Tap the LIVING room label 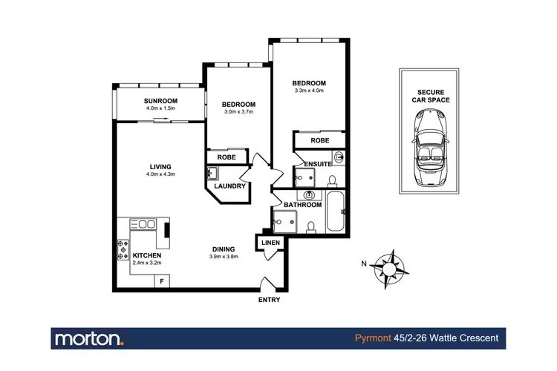click(x=160, y=166)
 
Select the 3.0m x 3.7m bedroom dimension click(x=238, y=112)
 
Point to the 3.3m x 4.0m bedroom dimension click(x=308, y=91)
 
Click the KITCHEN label click(x=147, y=255)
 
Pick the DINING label click(x=223, y=249)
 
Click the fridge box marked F click(x=160, y=281)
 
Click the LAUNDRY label click(x=230, y=186)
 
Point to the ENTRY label click(x=269, y=300)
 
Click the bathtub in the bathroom click(x=336, y=212)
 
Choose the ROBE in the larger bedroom click(x=320, y=139)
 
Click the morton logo click(x=89, y=339)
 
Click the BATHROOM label click(x=302, y=205)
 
